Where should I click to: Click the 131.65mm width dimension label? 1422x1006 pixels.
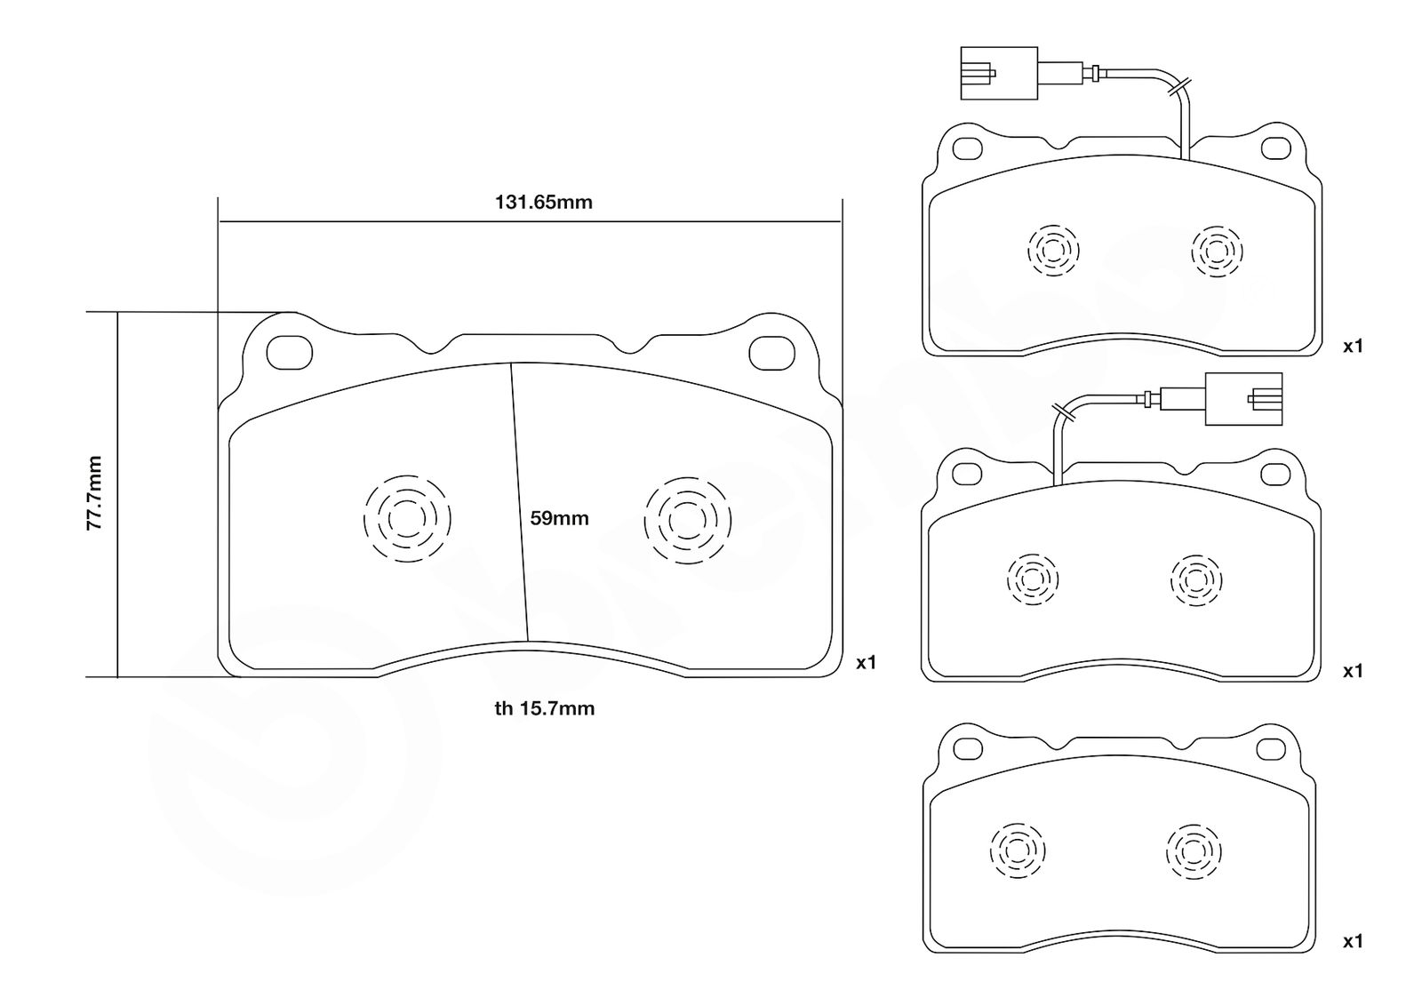coord(543,203)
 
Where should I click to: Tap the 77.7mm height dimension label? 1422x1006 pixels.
coord(94,493)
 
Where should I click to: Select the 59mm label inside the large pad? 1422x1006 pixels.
coord(559,518)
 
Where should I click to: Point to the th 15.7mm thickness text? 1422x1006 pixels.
coord(545,708)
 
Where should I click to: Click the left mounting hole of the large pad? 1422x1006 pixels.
coord(290,352)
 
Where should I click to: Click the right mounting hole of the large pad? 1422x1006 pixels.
coord(772,353)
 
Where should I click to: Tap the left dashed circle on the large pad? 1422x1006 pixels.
coord(407,518)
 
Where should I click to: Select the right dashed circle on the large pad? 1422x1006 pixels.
coord(688,521)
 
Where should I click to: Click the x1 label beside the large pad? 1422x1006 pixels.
coord(866,663)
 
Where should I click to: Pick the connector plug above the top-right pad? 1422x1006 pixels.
coord(999,73)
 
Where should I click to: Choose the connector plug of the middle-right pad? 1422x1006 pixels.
coord(1243,399)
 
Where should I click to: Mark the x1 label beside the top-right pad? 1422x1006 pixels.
coord(1353,347)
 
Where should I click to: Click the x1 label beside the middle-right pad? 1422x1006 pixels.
coord(1353,671)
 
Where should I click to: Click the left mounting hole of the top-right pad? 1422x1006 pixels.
coord(968,149)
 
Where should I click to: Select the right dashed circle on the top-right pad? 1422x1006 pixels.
coord(1217,251)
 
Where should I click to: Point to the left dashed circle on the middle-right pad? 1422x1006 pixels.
coord(1032,579)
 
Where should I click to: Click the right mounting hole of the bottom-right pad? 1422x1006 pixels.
coord(1271,749)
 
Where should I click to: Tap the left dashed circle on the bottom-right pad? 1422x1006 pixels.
coord(1017,850)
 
